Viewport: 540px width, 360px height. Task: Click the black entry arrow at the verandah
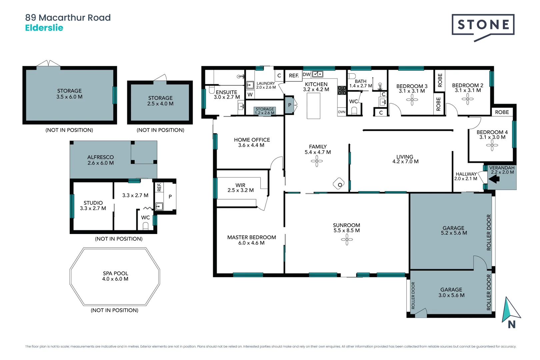tap(494, 179)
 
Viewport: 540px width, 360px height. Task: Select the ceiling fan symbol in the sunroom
tap(347, 239)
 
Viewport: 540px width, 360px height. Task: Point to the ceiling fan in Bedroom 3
tap(412, 100)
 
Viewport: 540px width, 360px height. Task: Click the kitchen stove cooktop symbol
tap(342, 90)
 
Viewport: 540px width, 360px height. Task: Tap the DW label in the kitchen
tap(306, 74)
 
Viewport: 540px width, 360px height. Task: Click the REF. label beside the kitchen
tap(294, 76)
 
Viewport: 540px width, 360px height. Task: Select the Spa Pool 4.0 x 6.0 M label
tap(115, 276)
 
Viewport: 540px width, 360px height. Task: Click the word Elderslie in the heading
tap(44, 28)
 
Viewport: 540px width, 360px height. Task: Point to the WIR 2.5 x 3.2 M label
tap(240, 188)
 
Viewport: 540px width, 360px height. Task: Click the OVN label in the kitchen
tap(342, 112)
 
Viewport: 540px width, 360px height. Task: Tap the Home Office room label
tap(252, 142)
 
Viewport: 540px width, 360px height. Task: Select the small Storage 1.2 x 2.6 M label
tap(265, 111)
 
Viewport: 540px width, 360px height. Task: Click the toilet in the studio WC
tap(145, 226)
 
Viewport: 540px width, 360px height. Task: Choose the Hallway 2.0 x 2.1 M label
tap(466, 176)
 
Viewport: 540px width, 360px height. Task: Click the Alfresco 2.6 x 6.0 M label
tap(100, 160)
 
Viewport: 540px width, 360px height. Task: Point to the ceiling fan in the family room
tap(317, 162)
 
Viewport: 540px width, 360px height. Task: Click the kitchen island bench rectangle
tap(313, 106)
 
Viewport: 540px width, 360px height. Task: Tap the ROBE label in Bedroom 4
tap(502, 112)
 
